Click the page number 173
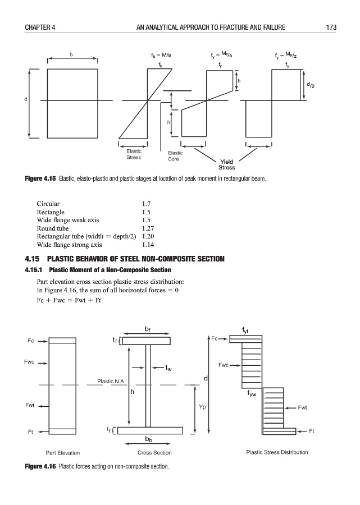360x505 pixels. click(331, 27)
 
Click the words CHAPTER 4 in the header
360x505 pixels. click(40, 27)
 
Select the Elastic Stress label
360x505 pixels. click(134, 154)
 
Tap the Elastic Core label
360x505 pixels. click(175, 156)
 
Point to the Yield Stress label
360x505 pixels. click(226, 164)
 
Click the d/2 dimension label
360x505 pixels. click(311, 85)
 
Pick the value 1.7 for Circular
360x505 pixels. click(146, 204)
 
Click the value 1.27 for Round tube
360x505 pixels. click(148, 228)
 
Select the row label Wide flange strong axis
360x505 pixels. click(69, 245)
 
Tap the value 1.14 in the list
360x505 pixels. click(148, 245)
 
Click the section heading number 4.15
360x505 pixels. click(32, 259)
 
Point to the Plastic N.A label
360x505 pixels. click(111, 382)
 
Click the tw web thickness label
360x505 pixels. click(168, 368)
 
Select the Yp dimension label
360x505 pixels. click(202, 407)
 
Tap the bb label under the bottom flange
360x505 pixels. click(149, 439)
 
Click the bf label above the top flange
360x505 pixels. click(147, 329)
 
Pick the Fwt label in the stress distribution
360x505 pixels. click(302, 408)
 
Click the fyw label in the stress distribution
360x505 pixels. click(252, 393)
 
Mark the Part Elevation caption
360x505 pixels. click(63, 453)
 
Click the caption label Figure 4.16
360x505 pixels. click(40, 466)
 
